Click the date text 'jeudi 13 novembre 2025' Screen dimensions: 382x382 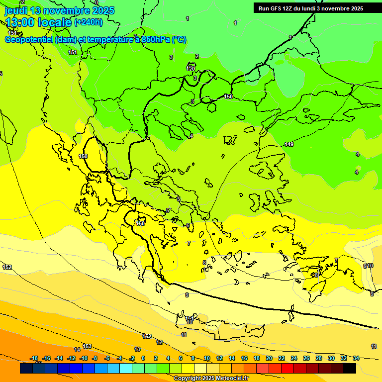[60, 10]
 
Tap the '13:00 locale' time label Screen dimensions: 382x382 [39, 22]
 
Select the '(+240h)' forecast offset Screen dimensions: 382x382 [89, 22]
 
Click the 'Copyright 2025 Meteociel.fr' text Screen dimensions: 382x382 [211, 378]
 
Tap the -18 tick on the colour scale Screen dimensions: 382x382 [34, 358]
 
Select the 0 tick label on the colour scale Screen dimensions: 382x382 [143, 358]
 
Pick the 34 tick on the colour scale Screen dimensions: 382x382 [356, 358]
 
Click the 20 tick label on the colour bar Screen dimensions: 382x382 [269, 358]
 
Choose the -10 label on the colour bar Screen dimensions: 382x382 [84, 358]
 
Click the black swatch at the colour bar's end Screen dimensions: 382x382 [350, 368]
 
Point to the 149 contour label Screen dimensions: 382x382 [289, 145]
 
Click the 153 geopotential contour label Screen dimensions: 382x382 [87, 346]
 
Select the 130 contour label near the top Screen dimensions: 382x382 [191, 68]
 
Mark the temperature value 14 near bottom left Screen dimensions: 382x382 [77, 350]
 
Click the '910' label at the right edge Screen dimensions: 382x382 [368, 266]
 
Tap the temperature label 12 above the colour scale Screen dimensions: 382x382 [159, 342]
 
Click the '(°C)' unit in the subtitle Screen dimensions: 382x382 [179, 40]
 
